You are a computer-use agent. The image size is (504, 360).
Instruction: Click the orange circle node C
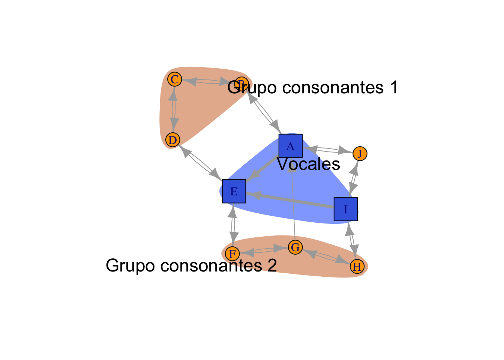[x=174, y=79]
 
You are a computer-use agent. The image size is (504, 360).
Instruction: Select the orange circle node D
[x=173, y=140]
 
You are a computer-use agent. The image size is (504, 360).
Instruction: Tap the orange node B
[x=241, y=83]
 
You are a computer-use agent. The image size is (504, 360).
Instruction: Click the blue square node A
[x=291, y=146]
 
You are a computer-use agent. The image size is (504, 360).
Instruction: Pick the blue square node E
[x=234, y=191]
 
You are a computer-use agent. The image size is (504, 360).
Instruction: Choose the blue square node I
[x=346, y=209]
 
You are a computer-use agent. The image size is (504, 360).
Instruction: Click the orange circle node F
[x=232, y=254]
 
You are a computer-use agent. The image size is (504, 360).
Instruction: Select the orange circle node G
[x=295, y=247]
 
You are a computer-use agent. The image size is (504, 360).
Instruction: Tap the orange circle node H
[x=357, y=266]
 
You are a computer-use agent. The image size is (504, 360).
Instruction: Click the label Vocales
[x=309, y=164]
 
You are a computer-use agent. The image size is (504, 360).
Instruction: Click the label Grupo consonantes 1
[x=313, y=87]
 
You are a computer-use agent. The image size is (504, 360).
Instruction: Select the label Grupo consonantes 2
[x=191, y=265]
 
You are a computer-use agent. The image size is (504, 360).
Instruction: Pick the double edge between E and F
[x=233, y=223]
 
